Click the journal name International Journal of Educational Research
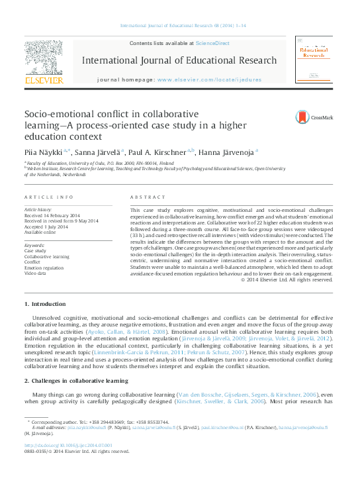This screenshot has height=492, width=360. (179, 61)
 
